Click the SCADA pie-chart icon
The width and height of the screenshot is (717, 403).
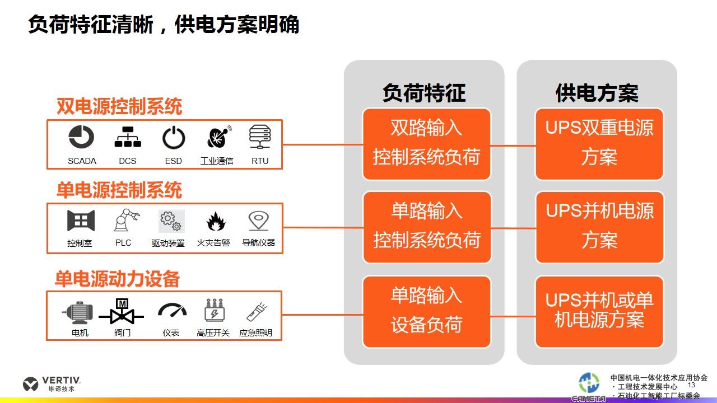coord(81,137)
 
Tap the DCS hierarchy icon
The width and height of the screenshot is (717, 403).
coord(128,137)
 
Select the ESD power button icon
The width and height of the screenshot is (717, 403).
coord(174,138)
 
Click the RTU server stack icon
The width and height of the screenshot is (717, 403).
coord(260,137)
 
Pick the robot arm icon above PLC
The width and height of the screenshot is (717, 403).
coord(127,220)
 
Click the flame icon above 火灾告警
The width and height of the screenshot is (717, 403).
coord(216,221)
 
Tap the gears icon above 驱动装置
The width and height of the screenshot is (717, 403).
coord(171,221)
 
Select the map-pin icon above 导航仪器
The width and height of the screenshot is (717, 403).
coord(259,221)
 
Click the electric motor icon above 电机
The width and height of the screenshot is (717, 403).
coord(78,312)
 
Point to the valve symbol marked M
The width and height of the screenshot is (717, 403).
coord(122,312)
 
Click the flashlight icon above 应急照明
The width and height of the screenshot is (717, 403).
coord(257,312)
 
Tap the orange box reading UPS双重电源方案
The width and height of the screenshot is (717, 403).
coord(599,144)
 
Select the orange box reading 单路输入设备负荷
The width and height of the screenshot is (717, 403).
coord(427,312)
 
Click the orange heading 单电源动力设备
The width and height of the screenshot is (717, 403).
coord(117,279)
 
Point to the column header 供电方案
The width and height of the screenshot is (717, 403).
coord(597,93)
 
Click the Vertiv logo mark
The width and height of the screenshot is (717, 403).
coord(30,384)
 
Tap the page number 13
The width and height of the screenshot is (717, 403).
coord(691,385)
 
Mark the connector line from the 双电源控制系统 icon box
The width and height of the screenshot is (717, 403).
coord(323,144)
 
